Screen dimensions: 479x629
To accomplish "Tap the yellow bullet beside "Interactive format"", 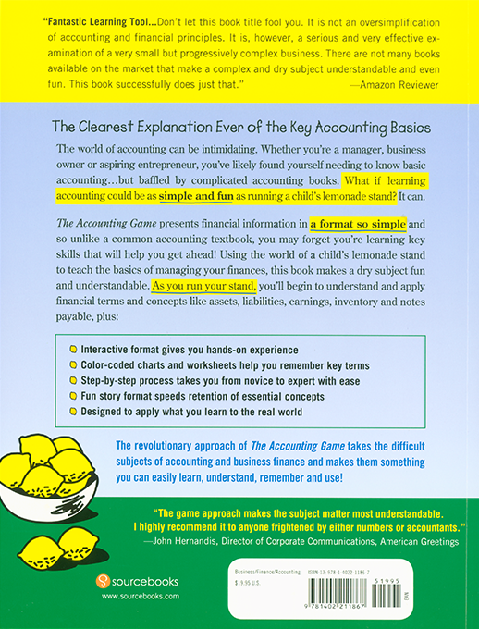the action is [73, 350].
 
